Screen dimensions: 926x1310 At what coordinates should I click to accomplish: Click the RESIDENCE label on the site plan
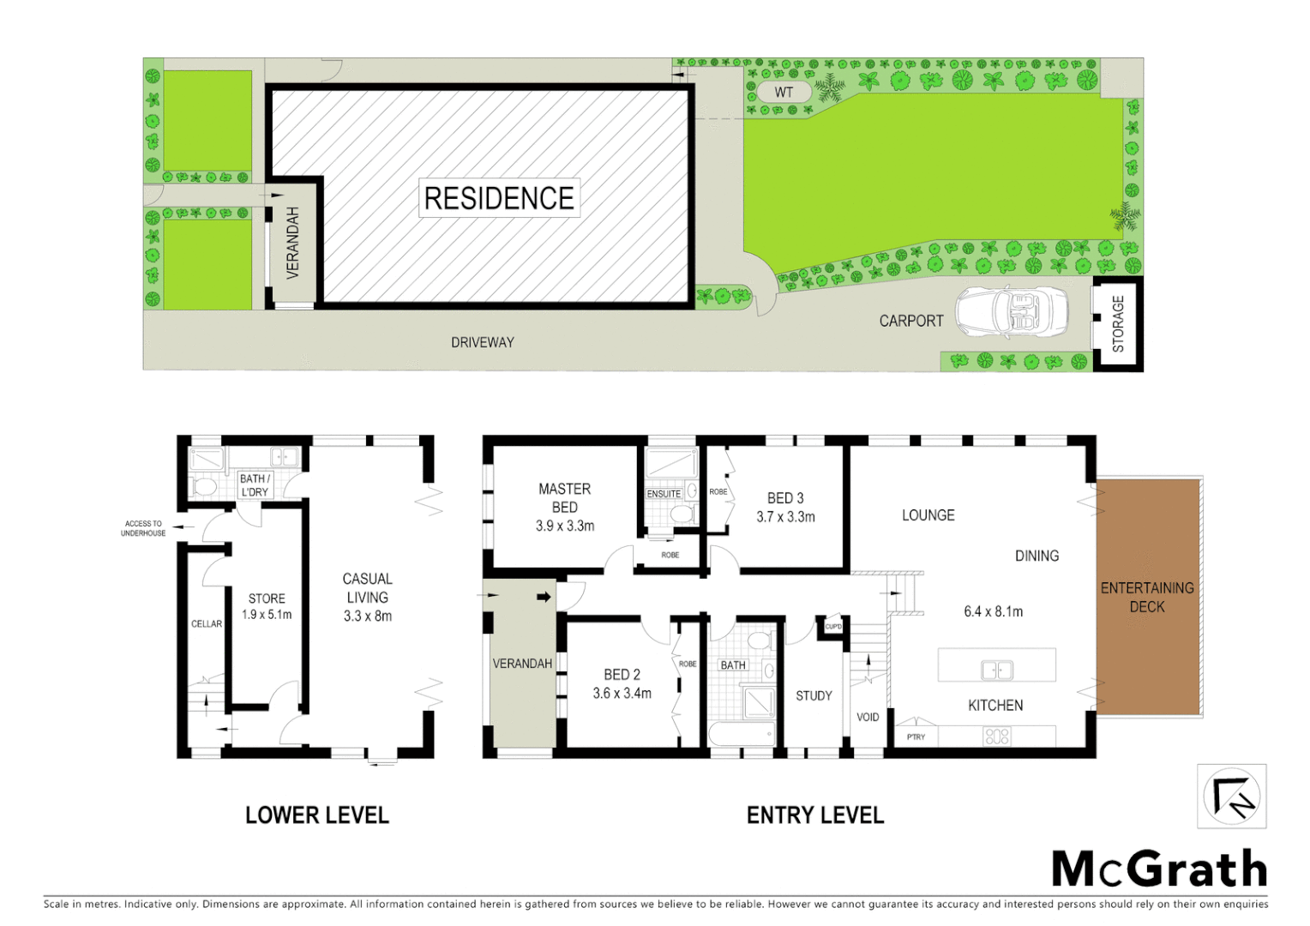click(499, 198)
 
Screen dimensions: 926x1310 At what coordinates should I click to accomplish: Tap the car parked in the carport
click(1012, 312)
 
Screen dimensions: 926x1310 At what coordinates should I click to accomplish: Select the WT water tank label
click(784, 93)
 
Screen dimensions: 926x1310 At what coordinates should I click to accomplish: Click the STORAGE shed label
click(1118, 323)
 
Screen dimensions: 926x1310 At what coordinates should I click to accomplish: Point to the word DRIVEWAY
click(483, 342)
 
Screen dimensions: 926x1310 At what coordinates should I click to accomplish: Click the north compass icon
click(1231, 797)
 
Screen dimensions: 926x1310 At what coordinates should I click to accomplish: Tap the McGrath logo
click(1159, 869)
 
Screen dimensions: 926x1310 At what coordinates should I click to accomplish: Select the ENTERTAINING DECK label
click(1147, 597)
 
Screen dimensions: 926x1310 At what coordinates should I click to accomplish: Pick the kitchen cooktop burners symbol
click(997, 736)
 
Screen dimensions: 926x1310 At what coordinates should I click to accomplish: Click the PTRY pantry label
click(916, 737)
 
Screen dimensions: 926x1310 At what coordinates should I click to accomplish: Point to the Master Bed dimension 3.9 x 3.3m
click(565, 526)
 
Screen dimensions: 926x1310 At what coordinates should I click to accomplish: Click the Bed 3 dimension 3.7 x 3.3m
click(785, 517)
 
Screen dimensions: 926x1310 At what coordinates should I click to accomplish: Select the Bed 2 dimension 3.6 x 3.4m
click(622, 693)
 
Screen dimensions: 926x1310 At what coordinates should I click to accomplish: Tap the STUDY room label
click(814, 695)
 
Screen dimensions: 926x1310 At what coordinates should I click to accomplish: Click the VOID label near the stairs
click(868, 717)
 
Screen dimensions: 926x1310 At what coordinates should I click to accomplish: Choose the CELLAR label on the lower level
click(207, 623)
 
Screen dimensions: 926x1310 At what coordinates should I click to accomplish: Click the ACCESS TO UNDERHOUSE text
click(143, 528)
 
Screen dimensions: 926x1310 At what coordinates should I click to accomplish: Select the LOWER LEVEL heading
click(317, 815)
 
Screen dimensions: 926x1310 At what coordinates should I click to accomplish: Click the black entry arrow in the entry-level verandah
click(544, 597)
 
